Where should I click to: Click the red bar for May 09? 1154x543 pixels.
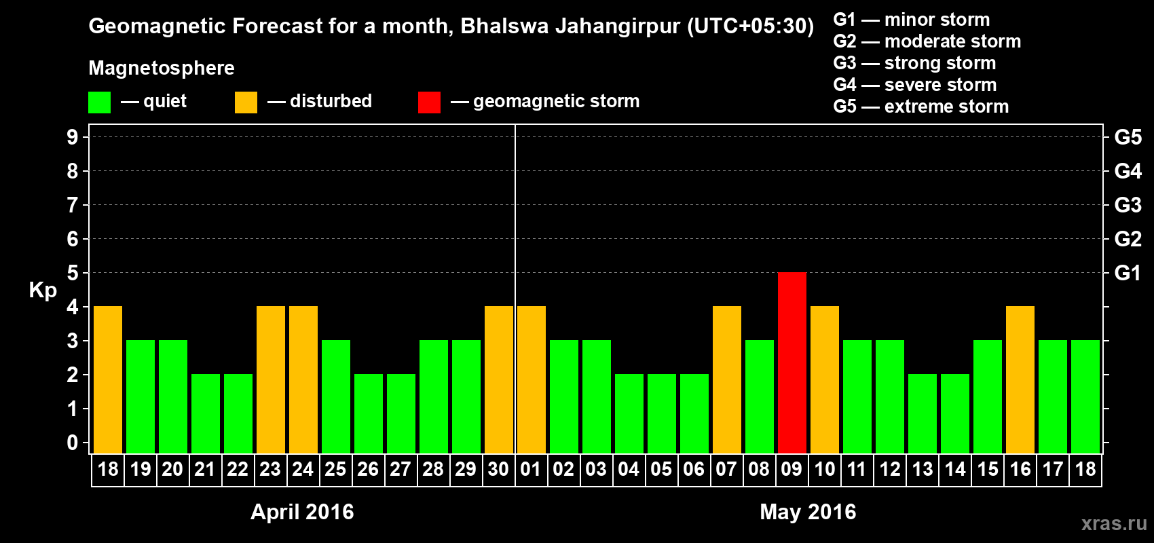click(792, 362)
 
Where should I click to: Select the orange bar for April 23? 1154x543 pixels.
click(270, 379)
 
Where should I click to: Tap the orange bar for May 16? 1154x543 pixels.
click(1020, 379)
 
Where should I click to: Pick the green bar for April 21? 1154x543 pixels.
click(205, 413)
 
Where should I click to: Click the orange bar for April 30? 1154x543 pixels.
click(498, 379)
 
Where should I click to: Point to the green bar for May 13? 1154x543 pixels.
click(922, 413)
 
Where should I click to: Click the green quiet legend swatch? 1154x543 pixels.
click(99, 102)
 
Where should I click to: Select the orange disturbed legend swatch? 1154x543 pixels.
click(246, 102)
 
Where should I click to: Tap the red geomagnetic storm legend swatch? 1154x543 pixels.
click(429, 102)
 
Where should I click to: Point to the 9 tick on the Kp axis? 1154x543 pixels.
click(73, 137)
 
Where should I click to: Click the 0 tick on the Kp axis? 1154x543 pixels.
click(73, 443)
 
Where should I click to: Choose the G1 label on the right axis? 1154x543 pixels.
click(1128, 273)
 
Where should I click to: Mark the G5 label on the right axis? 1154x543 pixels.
click(1128, 137)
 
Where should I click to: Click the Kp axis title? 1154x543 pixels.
click(43, 291)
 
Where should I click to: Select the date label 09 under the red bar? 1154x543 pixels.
click(792, 469)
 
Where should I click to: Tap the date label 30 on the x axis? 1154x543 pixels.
click(498, 469)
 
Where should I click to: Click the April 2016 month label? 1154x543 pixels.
click(302, 512)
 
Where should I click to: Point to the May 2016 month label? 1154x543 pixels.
click(808, 512)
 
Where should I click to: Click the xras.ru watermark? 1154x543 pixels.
click(1114, 523)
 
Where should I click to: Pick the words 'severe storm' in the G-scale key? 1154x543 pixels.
click(940, 85)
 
